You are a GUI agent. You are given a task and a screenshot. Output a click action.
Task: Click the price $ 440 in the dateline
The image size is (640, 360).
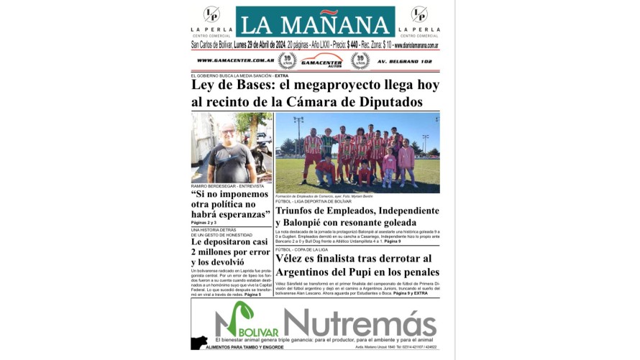point(352,45)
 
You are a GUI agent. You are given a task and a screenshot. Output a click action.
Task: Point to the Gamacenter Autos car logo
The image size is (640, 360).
point(321,60)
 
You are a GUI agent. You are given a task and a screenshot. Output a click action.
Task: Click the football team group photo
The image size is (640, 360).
point(357,152)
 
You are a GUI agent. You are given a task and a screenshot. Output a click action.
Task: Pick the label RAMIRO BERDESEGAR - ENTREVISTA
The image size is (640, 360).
point(227,186)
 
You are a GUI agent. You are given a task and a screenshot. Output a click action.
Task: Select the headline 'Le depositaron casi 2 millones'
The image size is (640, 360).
point(231,251)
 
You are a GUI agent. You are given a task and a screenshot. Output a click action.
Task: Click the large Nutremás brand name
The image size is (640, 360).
point(360,320)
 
